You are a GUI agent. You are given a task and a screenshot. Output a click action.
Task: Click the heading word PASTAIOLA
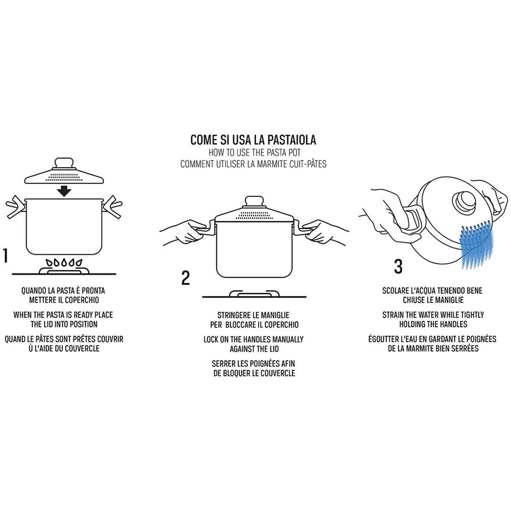[292, 140]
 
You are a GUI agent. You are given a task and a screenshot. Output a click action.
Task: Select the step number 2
[185, 278]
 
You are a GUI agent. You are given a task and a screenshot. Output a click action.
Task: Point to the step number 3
[398, 266]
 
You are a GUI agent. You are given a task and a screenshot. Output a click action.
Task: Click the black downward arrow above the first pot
[64, 191]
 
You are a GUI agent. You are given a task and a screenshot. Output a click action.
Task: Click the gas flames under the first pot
[64, 262]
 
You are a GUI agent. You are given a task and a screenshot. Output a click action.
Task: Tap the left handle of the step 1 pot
[16, 207]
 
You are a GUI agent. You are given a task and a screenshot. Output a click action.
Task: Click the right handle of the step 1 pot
[112, 207]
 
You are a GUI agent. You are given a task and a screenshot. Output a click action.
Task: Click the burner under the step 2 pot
[254, 293]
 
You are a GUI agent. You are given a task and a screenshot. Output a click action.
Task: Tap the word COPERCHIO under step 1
[81, 300]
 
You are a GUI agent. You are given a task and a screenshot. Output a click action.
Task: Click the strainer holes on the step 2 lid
[254, 216]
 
